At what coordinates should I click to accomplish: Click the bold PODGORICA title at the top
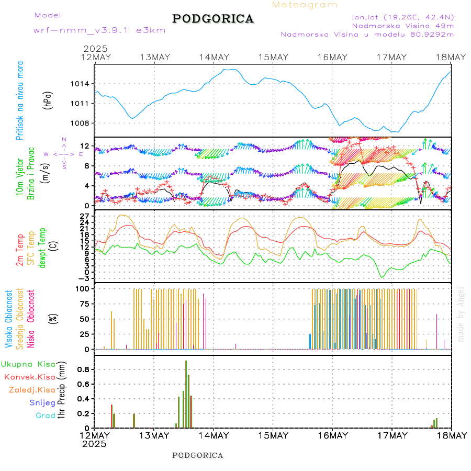[213, 19]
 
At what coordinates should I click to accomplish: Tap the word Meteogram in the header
[305, 5]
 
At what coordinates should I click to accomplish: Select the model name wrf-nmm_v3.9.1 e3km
[99, 30]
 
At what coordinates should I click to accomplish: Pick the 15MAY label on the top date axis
[273, 57]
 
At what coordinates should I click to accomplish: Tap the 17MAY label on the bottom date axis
[392, 435]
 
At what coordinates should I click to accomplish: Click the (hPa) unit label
[48, 99]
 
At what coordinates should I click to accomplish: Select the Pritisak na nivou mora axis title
[20, 99]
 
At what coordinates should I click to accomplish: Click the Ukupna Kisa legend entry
[28, 364]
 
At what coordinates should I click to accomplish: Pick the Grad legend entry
[46, 416]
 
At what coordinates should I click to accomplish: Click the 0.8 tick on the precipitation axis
[83, 369]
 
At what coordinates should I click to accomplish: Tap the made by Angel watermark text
[461, 314]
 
